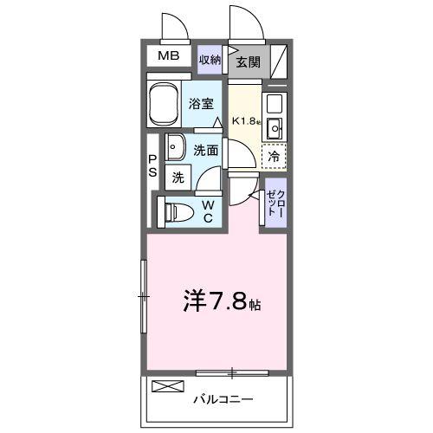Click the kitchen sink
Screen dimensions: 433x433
(x=275, y=130)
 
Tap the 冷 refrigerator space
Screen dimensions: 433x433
(x=275, y=158)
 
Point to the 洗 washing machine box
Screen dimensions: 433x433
(x=178, y=178)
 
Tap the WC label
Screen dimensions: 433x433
(x=209, y=210)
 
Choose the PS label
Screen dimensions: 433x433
(x=152, y=165)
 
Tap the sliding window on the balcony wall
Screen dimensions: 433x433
(x=231, y=373)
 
